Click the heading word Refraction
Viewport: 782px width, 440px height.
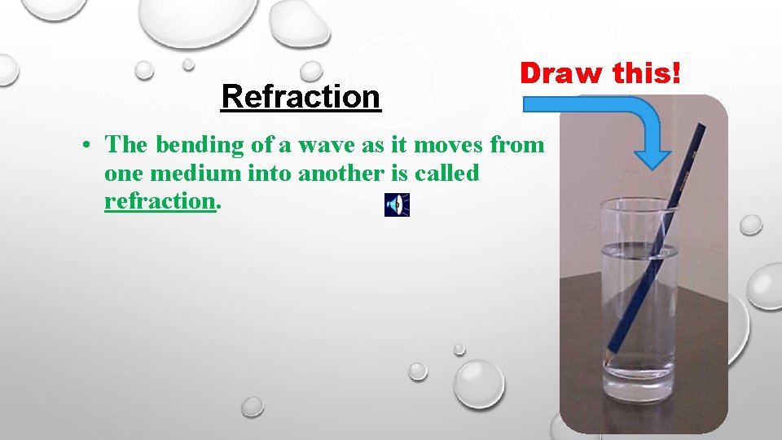point(301,97)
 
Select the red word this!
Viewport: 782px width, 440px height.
point(648,73)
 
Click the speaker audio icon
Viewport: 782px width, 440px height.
point(397,205)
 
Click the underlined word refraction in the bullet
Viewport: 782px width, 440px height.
point(159,201)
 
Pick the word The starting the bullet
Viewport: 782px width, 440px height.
point(129,146)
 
